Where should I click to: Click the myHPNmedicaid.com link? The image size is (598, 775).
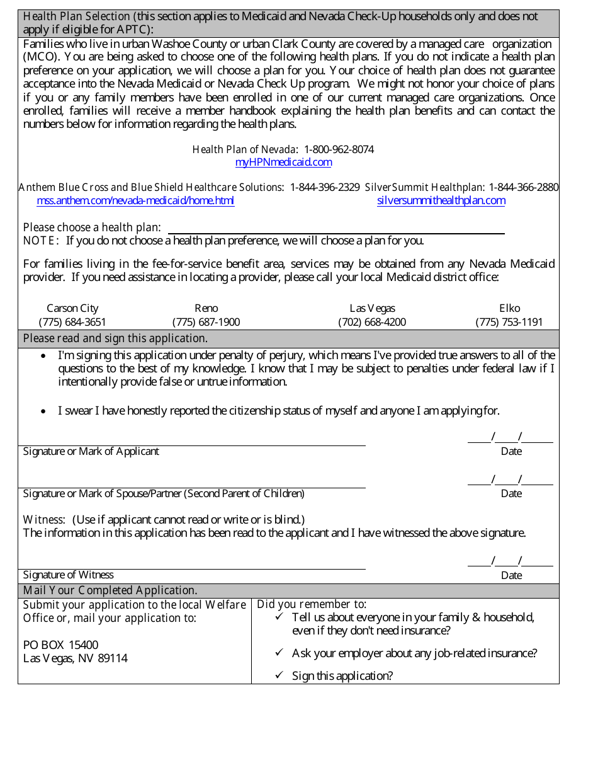283,163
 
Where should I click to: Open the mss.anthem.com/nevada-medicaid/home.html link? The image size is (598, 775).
135,201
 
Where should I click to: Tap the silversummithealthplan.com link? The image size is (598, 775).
441,201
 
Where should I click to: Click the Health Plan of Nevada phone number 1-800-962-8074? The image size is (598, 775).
339,149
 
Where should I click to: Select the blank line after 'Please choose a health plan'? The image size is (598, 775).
336,228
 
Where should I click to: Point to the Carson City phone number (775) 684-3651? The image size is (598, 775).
72,322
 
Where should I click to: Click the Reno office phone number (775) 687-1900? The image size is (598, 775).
206,322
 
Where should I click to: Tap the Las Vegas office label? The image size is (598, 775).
372,308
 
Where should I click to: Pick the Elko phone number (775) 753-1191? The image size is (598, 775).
509,322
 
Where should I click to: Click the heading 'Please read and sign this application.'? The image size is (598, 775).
115,338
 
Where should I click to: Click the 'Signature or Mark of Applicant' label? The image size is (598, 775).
91,452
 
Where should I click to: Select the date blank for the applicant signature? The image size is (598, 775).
510,437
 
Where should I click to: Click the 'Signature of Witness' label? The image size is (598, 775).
69,575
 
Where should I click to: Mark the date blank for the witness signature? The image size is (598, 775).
510,561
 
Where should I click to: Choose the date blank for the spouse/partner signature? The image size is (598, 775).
510,479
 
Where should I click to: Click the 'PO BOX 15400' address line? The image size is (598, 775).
61,645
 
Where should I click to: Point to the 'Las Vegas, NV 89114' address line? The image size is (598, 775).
76,658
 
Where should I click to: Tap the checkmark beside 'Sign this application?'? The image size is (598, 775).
279,675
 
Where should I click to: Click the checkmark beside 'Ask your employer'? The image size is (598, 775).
279,653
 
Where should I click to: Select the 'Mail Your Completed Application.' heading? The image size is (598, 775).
110,590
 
